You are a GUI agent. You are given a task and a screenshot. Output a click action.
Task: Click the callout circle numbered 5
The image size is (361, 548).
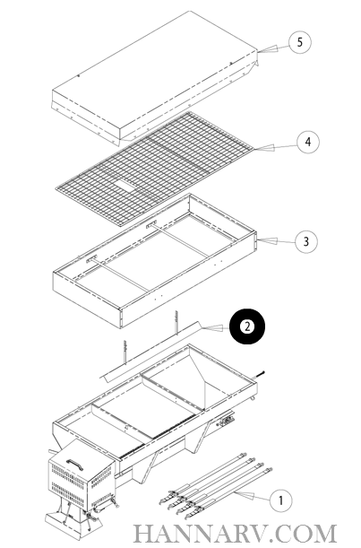(299, 43)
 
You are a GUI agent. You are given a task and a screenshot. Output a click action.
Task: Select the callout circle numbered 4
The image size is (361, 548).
(308, 142)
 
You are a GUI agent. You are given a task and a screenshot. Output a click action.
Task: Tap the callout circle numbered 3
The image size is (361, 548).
(306, 241)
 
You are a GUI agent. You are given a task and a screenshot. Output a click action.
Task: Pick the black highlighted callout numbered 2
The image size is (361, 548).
(247, 326)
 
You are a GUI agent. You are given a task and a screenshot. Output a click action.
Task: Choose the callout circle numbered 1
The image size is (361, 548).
(281, 500)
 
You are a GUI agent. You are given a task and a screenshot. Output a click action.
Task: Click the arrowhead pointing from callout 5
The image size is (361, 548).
(268, 49)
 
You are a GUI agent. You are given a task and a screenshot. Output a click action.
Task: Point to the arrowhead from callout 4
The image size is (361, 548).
(264, 148)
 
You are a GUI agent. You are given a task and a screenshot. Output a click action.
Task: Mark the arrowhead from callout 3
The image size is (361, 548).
(267, 241)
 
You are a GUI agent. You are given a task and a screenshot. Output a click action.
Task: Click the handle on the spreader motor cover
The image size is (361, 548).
(74, 463)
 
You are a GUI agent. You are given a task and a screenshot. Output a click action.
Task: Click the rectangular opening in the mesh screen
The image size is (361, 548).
(124, 185)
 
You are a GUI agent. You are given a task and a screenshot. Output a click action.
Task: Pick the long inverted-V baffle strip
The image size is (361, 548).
(151, 351)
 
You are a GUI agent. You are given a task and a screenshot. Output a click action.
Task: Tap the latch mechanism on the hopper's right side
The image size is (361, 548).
(227, 420)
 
